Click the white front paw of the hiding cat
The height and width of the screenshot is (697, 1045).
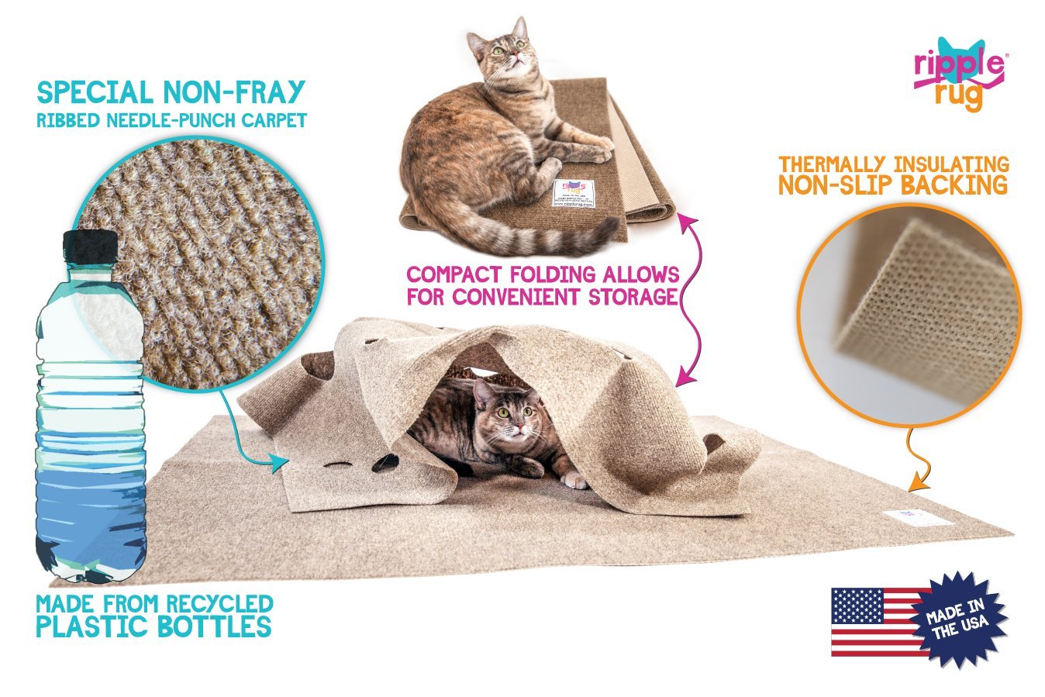(574, 480)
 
